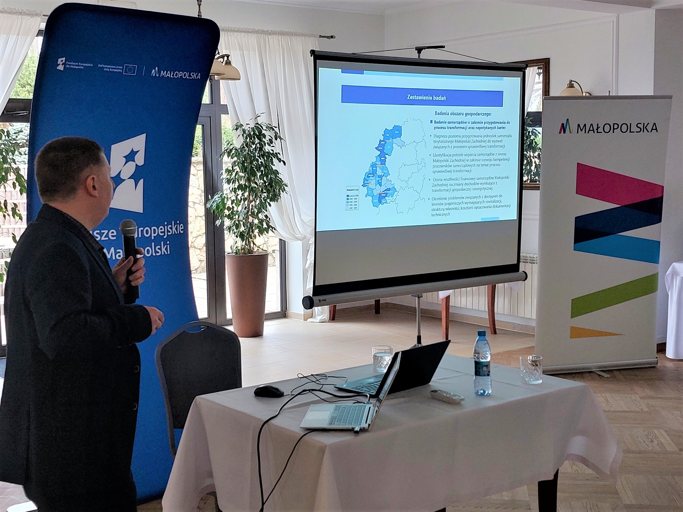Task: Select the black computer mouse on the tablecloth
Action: (269, 391)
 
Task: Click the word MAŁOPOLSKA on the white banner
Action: (617, 128)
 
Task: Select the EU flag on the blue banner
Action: (130, 70)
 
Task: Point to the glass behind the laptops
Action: (382, 359)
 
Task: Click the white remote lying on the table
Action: (447, 396)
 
